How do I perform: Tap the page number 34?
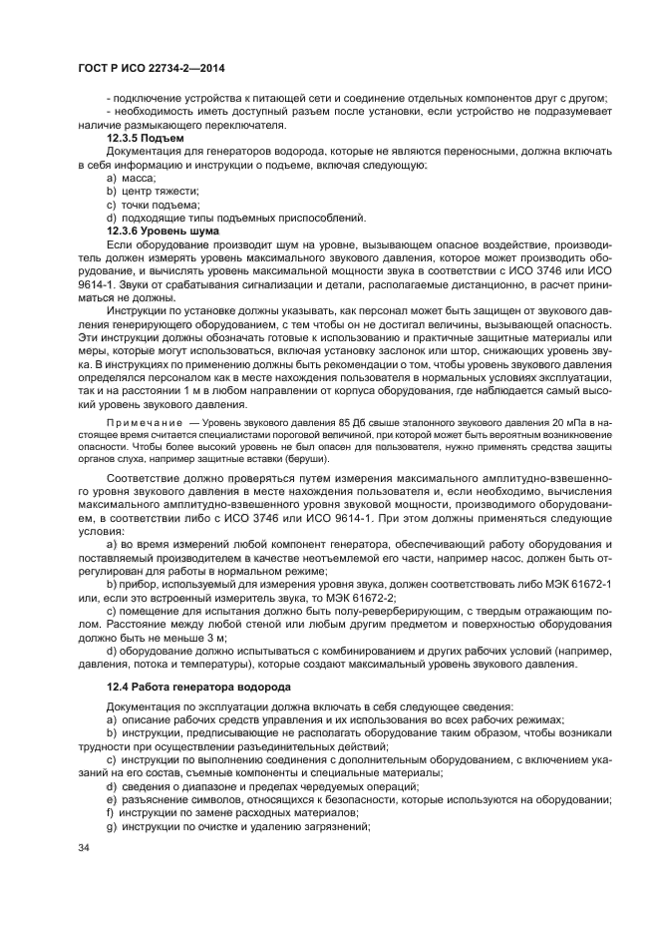[84, 847]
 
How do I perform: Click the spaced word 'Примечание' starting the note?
[145, 423]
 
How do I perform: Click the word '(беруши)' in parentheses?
[305, 459]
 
